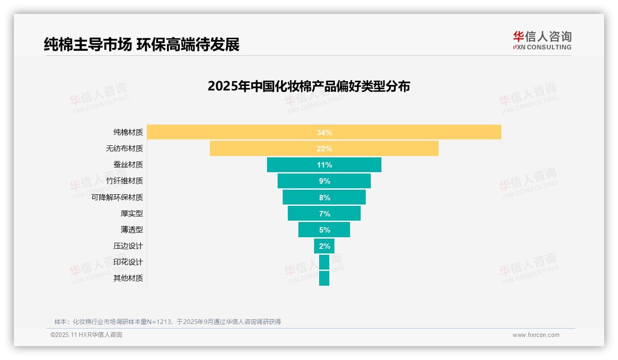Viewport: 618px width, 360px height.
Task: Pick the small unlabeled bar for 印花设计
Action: click(324, 262)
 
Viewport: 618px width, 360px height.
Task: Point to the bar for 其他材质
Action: click(324, 278)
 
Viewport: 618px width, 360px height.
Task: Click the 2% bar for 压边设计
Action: click(324, 246)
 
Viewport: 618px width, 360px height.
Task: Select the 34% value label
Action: click(324, 132)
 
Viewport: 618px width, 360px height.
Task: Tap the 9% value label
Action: click(324, 181)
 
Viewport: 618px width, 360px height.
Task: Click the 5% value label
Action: click(324, 230)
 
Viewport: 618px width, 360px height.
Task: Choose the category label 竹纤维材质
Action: click(125, 181)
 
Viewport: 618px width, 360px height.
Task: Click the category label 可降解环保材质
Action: click(117, 197)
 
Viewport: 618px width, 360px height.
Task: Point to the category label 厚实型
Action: click(132, 213)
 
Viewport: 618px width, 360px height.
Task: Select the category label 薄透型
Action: click(132, 229)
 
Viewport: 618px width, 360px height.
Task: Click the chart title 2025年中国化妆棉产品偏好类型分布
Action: click(309, 86)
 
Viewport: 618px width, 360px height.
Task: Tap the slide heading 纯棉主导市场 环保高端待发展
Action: click(142, 44)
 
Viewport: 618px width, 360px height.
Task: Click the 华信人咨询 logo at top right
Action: click(542, 40)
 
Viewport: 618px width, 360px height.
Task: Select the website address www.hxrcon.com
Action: click(536, 335)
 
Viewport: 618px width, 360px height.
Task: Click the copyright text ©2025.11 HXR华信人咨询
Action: click(86, 335)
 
